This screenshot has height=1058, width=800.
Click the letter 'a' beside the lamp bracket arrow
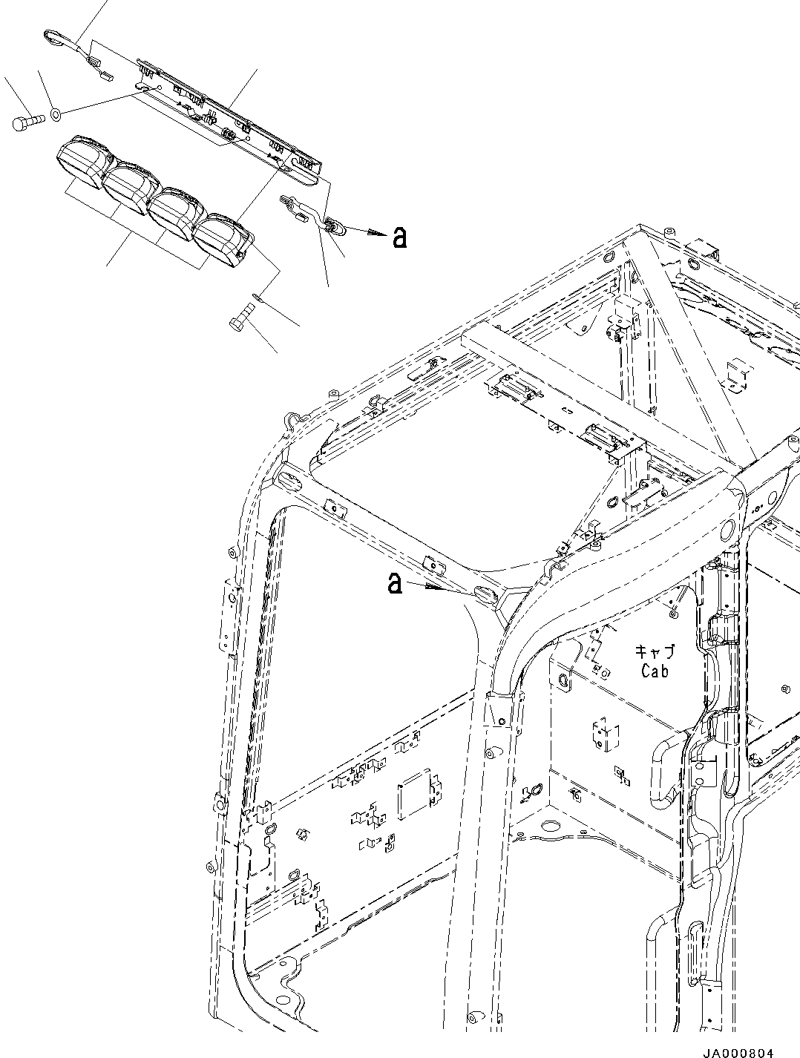tap(399, 236)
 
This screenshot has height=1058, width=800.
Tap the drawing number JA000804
tap(738, 1048)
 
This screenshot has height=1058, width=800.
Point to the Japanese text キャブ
tap(655, 652)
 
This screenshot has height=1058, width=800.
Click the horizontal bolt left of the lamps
tap(25, 122)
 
